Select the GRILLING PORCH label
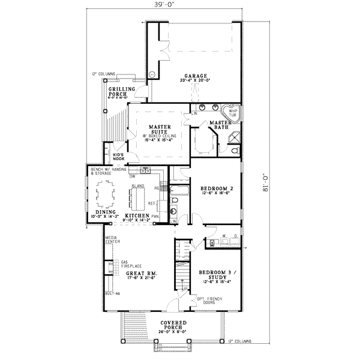point(121,92)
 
